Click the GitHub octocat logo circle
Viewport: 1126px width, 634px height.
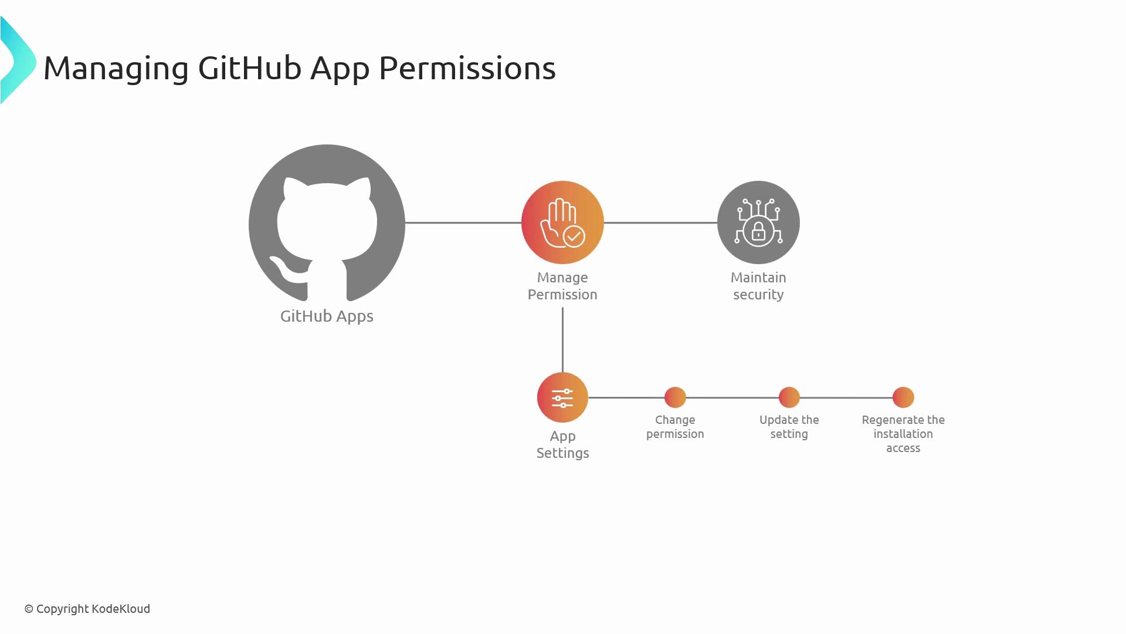pyautogui.click(x=327, y=223)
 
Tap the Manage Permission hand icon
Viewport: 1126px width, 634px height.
pyautogui.click(x=562, y=222)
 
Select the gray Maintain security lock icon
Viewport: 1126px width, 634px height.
pyautogui.click(x=758, y=222)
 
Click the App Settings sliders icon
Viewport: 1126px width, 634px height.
pyautogui.click(x=562, y=397)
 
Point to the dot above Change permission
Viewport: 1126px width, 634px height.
pyautogui.click(x=675, y=397)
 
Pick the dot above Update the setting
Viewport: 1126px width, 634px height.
pyautogui.click(x=789, y=397)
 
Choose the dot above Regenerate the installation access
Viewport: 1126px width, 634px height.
pyautogui.click(x=903, y=397)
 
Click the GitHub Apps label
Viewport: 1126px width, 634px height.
pyautogui.click(x=327, y=316)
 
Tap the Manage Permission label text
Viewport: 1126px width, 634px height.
pyautogui.click(x=562, y=286)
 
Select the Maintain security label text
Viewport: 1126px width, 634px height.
pyautogui.click(x=758, y=286)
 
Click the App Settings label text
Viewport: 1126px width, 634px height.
pyautogui.click(x=562, y=444)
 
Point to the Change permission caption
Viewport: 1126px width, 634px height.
pyautogui.click(x=675, y=427)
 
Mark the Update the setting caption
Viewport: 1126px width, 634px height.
pyautogui.click(x=789, y=427)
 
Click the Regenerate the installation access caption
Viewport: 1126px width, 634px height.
pyautogui.click(x=903, y=434)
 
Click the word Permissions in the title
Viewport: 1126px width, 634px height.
pyautogui.click(x=467, y=68)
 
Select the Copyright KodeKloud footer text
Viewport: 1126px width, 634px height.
pyautogui.click(x=87, y=609)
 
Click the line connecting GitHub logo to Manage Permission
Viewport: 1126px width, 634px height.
pyautogui.click(x=463, y=223)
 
